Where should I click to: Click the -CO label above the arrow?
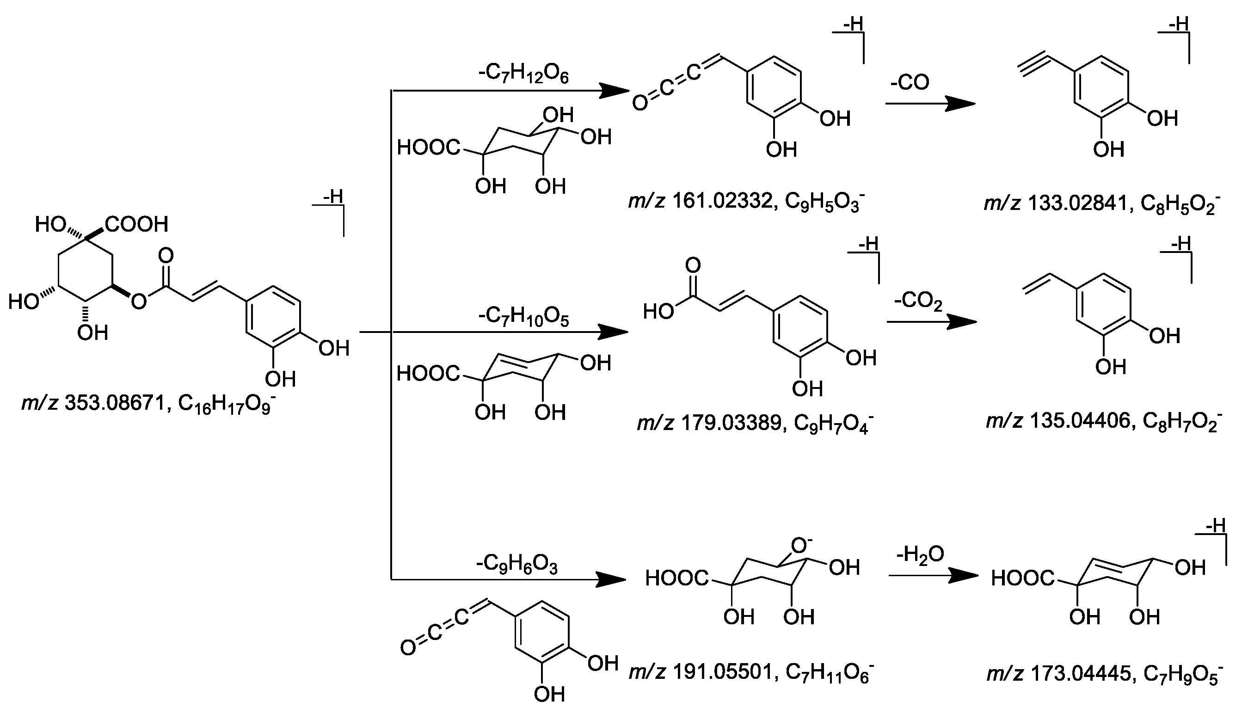tap(910, 83)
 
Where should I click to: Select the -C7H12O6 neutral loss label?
tap(523, 74)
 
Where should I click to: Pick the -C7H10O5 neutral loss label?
tap(523, 317)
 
